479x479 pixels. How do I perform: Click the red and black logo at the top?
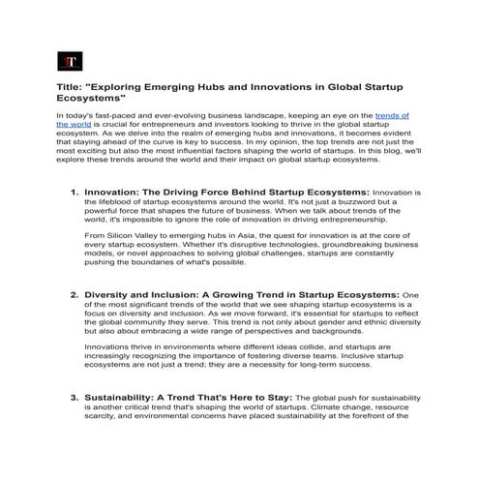click(68, 63)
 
